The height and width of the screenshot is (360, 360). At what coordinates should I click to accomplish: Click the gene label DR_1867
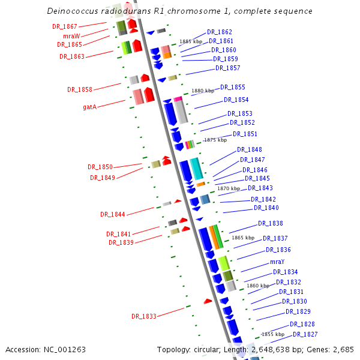[65, 26]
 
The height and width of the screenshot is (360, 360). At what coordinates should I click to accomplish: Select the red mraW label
[71, 36]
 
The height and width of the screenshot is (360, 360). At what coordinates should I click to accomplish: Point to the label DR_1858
[80, 89]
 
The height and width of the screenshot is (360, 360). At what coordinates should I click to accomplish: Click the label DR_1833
[144, 316]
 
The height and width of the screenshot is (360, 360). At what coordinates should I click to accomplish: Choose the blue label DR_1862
[220, 32]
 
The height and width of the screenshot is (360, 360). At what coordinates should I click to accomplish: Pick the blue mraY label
[277, 262]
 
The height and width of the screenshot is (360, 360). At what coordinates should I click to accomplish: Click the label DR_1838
[271, 223]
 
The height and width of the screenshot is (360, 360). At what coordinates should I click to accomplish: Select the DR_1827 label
[305, 334]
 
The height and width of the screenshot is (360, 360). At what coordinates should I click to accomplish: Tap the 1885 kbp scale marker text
[191, 41]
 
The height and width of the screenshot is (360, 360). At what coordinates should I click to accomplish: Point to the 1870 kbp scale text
[229, 188]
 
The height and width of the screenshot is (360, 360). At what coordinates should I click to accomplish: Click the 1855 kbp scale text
[272, 334]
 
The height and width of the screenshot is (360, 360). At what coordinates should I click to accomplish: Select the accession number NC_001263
[65, 349]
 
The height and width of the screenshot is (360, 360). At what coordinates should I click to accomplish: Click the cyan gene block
[196, 169]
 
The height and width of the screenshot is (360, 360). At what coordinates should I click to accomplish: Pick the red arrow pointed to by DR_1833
[208, 301]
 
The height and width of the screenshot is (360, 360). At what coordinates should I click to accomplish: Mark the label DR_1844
[113, 214]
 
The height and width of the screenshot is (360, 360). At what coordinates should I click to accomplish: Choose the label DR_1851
[245, 134]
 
